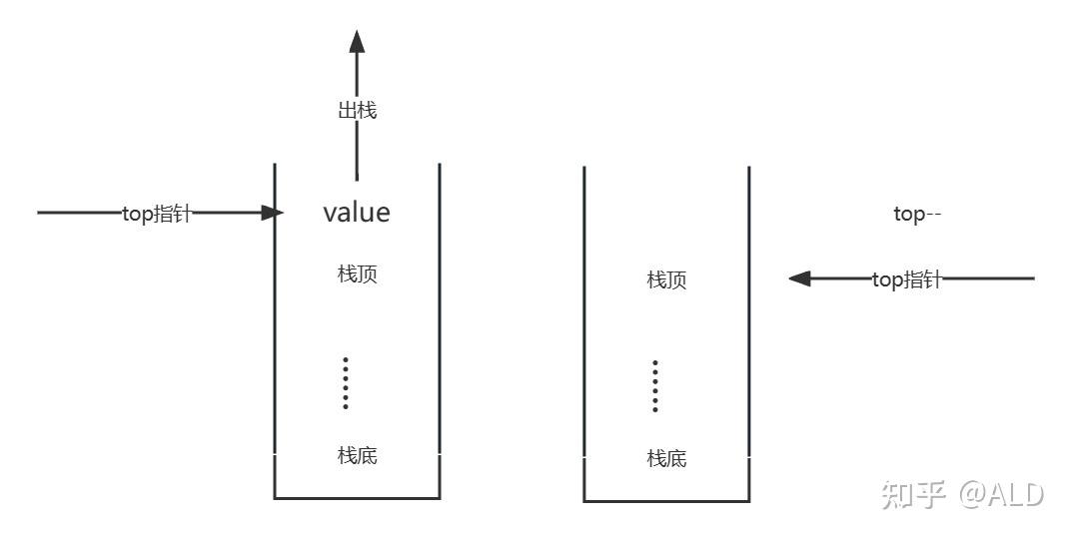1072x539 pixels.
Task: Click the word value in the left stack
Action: click(357, 213)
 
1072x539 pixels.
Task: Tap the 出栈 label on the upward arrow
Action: click(357, 110)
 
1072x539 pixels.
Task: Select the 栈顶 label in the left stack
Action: click(357, 274)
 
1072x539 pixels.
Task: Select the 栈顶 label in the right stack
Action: click(666, 279)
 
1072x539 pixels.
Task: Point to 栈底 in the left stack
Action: click(357, 456)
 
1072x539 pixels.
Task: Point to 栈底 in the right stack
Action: click(666, 459)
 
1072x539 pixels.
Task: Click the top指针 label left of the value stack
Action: click(156, 214)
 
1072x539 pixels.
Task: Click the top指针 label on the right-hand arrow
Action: click(906, 280)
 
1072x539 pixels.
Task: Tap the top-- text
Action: click(917, 215)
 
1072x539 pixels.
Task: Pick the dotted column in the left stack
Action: click(346, 382)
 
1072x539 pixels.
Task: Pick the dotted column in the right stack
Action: click(655, 386)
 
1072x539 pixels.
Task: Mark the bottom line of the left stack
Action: click(357, 497)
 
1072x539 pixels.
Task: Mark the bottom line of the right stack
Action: click(666, 500)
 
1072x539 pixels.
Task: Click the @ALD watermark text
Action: click(1001, 494)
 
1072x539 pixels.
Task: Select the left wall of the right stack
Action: click(584, 329)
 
